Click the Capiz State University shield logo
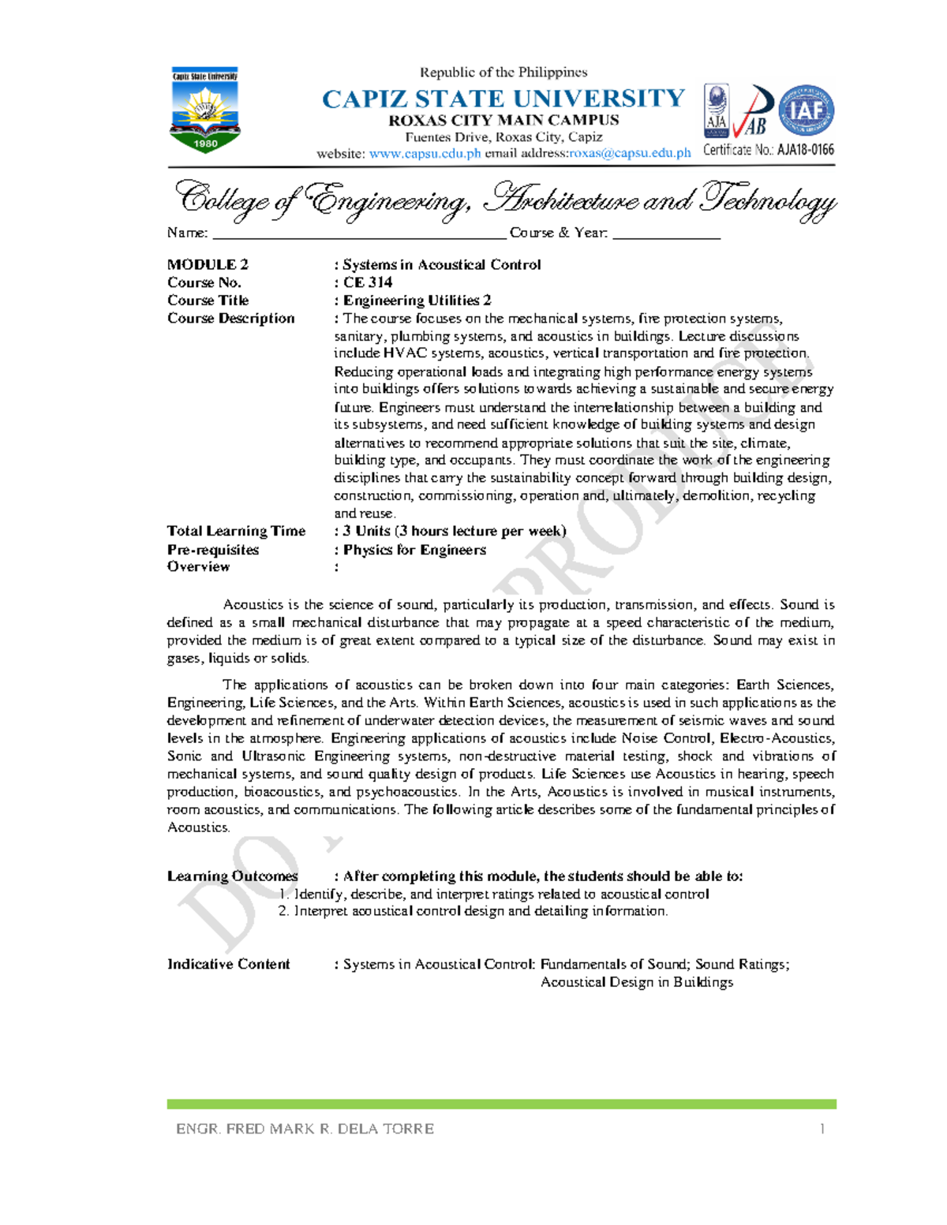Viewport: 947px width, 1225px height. [x=205, y=110]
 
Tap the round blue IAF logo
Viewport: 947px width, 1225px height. [x=807, y=110]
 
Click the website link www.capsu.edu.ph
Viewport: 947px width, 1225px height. [x=425, y=154]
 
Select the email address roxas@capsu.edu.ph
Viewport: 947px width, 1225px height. [x=630, y=154]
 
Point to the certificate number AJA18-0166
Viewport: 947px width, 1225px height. [x=805, y=150]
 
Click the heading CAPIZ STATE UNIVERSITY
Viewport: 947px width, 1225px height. [x=503, y=99]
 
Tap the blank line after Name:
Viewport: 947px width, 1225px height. [x=359, y=233]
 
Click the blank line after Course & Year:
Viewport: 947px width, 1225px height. [x=666, y=233]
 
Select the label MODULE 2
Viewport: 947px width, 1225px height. [x=208, y=265]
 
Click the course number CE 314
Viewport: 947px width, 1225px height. [x=367, y=282]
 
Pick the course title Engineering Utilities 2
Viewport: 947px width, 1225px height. [x=417, y=301]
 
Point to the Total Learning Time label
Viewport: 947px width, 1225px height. [x=236, y=531]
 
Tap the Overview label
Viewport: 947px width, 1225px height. [x=198, y=566]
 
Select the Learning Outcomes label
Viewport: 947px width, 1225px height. [x=232, y=876]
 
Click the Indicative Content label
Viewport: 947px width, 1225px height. [x=228, y=964]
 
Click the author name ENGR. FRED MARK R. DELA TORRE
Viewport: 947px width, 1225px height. [x=305, y=1129]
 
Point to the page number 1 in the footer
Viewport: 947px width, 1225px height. [x=822, y=1129]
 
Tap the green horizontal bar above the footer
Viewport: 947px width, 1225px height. [x=501, y=1104]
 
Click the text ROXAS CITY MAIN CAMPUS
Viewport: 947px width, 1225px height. [x=503, y=121]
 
